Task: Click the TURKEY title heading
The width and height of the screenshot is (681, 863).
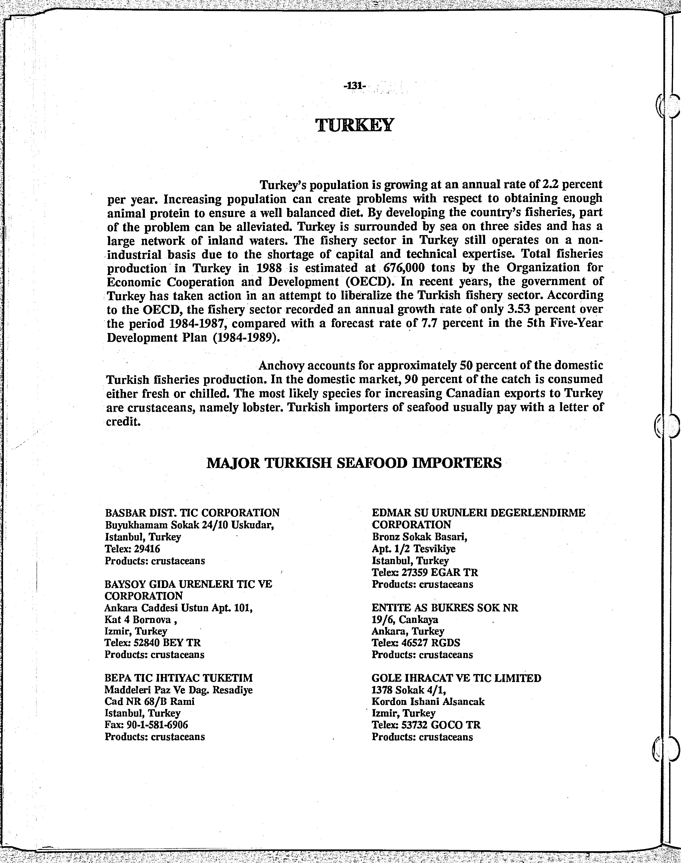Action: point(354,125)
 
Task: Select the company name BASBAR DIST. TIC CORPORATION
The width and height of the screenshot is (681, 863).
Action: point(192,513)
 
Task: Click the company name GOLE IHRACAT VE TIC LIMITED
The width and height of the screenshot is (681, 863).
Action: point(456,678)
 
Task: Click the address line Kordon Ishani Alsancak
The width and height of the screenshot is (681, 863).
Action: point(428,702)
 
